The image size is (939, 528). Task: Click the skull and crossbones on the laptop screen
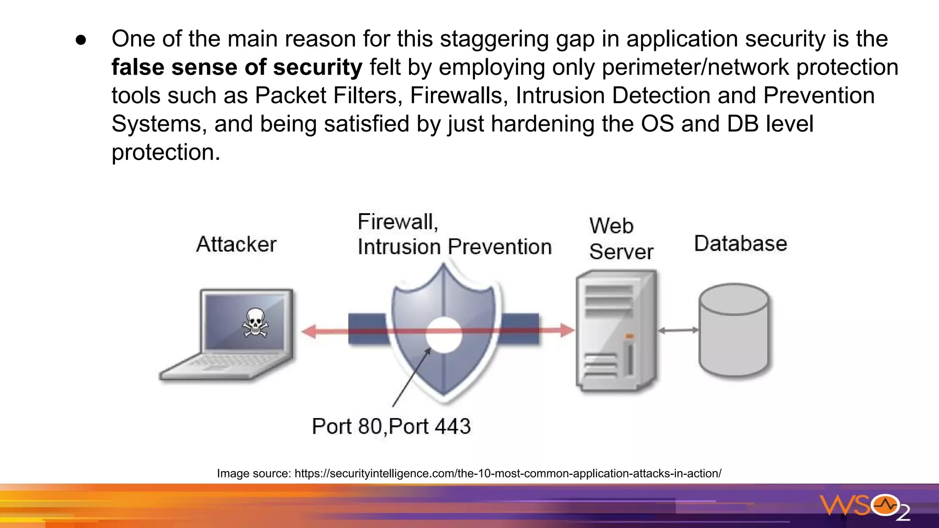click(x=255, y=323)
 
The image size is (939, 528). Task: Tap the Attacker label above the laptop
click(x=236, y=244)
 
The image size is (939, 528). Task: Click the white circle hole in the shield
click(x=443, y=335)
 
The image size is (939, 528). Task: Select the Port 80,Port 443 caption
click(x=391, y=426)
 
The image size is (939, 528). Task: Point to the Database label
click(x=740, y=243)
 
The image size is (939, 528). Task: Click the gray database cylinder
click(x=734, y=330)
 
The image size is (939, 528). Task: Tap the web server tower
click(x=616, y=330)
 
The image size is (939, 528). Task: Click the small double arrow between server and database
click(x=678, y=330)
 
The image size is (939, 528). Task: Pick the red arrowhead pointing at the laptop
click(x=309, y=331)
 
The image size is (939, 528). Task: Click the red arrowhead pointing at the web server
click(x=567, y=330)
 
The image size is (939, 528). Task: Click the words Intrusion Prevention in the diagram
click(x=454, y=247)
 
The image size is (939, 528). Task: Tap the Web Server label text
click(x=621, y=239)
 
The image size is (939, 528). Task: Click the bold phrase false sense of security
click(x=237, y=67)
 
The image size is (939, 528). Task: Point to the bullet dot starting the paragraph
click(x=81, y=40)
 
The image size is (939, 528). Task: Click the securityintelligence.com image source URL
click(x=508, y=473)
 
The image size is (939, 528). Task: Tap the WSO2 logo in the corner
click(x=865, y=507)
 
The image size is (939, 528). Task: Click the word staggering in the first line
click(x=494, y=39)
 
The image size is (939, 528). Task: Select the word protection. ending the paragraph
click(x=166, y=153)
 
